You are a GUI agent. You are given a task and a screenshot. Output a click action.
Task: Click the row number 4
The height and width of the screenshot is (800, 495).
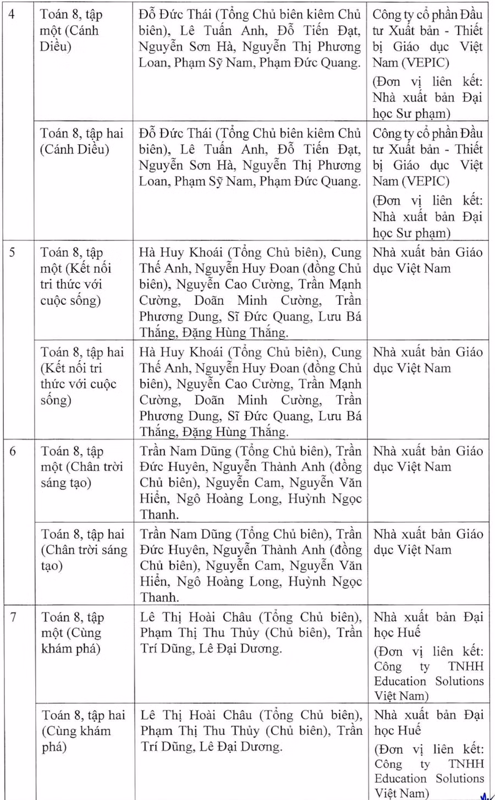12,13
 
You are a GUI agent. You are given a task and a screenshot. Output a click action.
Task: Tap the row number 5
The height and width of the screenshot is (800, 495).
12,253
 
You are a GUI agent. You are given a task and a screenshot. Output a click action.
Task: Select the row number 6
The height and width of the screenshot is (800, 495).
12,451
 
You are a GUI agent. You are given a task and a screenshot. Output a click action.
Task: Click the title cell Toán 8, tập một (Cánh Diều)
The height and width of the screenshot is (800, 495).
71,30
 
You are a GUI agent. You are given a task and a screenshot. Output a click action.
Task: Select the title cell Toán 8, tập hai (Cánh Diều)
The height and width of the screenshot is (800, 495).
82,141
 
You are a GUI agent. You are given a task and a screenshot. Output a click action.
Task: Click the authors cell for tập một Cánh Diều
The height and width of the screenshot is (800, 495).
250,39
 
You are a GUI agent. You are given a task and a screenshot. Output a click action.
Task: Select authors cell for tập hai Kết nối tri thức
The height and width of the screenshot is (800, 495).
250,392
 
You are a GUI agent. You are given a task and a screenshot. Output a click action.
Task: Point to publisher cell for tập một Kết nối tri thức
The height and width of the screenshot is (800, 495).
427,261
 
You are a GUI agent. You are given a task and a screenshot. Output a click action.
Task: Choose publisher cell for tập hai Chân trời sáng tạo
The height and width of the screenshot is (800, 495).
428,542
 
